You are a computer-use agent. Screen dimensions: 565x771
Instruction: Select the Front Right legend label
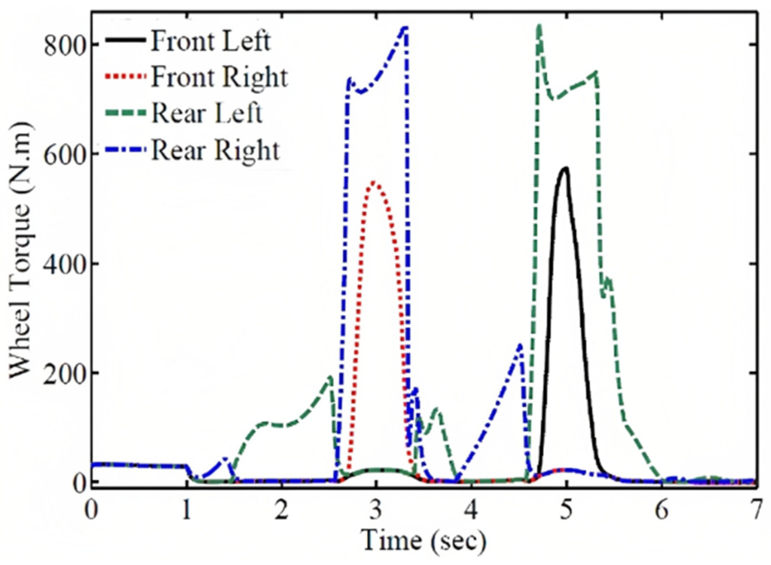[x=219, y=77]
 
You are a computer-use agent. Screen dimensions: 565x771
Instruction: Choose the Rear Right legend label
[x=215, y=150]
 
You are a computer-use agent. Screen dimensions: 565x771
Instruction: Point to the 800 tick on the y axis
[x=65, y=45]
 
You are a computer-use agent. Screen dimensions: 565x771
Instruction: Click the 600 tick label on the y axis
[x=65, y=155]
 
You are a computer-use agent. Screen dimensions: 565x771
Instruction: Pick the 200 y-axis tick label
[x=65, y=373]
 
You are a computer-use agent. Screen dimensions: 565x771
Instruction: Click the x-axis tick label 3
[x=376, y=510]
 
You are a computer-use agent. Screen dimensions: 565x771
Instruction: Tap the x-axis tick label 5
[x=566, y=510]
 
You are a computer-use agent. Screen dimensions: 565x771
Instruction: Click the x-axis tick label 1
[x=186, y=510]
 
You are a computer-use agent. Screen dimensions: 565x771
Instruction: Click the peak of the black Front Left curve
[x=565, y=169]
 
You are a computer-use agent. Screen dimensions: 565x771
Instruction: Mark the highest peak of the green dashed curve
[x=540, y=26]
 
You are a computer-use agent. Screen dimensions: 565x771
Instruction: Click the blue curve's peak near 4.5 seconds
[x=520, y=345]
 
